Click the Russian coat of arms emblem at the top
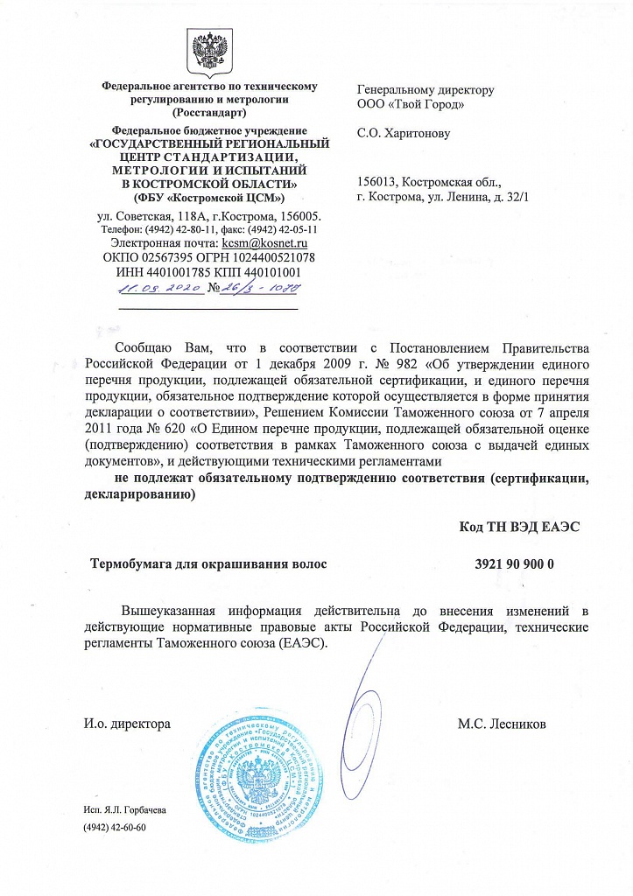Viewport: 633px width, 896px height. pyautogui.click(x=209, y=52)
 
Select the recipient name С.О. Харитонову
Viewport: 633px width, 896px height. pyautogui.click(x=404, y=134)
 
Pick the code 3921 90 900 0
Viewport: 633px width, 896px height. pyautogui.click(x=508, y=564)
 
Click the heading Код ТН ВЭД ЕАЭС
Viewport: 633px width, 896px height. pyautogui.click(x=519, y=527)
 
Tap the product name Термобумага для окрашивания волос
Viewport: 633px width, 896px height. pyautogui.click(x=209, y=564)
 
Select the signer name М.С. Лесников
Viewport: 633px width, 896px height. pyautogui.click(x=502, y=724)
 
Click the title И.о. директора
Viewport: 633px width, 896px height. pyautogui.click(x=126, y=724)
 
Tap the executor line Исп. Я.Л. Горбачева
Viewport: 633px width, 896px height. pyautogui.click(x=124, y=809)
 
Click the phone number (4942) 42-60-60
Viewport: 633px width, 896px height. pyautogui.click(x=114, y=827)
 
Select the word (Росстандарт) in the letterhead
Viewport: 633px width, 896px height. pyautogui.click(x=210, y=113)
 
